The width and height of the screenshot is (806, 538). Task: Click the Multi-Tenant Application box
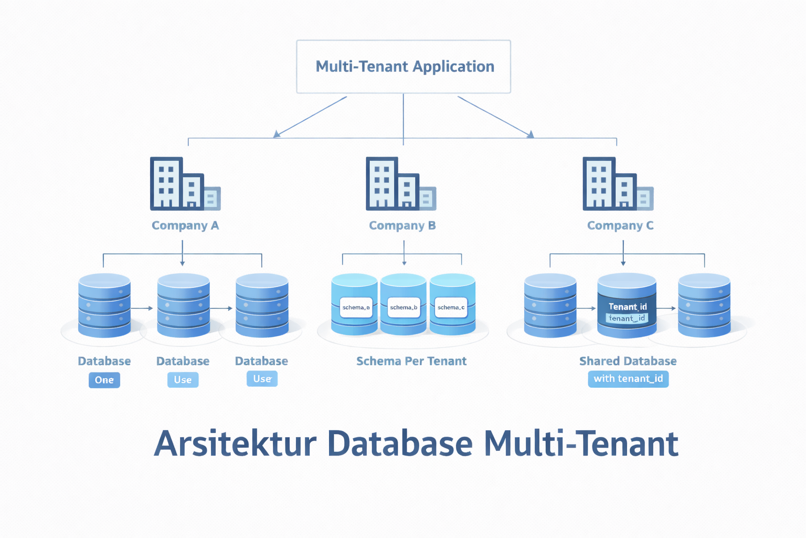(403, 67)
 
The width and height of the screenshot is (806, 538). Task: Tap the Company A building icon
(184, 183)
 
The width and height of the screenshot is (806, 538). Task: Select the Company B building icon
(400, 183)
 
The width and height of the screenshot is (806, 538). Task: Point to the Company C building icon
(617, 183)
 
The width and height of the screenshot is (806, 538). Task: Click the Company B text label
(402, 225)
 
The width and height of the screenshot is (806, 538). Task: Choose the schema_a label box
(356, 307)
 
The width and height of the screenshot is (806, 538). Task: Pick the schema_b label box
(404, 307)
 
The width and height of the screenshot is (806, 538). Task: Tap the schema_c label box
(451, 307)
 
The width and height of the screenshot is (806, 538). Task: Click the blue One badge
(104, 380)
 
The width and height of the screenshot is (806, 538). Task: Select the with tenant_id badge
(628, 379)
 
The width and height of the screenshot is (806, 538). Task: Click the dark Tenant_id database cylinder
(627, 305)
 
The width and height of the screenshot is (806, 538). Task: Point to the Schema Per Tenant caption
(411, 361)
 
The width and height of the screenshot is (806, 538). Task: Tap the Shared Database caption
(628, 361)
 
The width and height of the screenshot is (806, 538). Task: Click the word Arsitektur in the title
(235, 444)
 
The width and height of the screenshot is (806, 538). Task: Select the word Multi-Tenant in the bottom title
(581, 444)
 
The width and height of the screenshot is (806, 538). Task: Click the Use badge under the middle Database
(183, 380)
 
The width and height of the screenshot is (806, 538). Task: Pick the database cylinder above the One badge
(104, 305)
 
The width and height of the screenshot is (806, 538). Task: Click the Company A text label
(185, 225)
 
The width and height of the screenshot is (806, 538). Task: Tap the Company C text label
(620, 225)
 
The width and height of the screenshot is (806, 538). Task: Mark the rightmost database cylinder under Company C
(704, 305)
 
